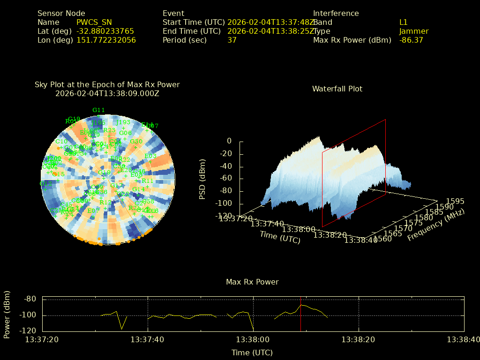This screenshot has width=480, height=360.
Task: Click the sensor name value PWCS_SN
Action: [94, 22]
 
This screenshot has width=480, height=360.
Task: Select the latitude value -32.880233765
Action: [105, 31]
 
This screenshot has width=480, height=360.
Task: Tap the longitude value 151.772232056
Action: [106, 40]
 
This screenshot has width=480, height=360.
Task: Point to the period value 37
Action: [232, 40]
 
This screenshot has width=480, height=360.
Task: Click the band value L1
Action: [404, 22]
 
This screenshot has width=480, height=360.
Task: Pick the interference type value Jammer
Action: [414, 31]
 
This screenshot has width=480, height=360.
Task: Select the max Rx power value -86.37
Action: [411, 40]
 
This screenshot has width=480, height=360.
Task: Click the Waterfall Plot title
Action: [337, 89]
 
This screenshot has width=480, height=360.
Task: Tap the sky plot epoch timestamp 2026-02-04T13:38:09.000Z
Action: [107, 93]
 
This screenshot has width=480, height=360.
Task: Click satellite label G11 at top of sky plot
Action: [98, 110]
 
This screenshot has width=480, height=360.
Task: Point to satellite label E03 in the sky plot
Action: [150, 156]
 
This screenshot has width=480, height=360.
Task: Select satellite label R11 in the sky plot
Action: [147, 180]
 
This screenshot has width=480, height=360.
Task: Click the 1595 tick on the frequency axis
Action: [456, 201]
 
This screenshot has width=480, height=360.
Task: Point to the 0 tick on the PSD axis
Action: [229, 141]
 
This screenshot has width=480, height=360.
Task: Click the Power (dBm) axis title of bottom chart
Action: [7, 314]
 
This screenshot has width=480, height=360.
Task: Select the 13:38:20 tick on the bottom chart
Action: [359, 339]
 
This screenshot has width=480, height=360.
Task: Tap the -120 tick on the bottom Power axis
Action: [29, 330]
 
